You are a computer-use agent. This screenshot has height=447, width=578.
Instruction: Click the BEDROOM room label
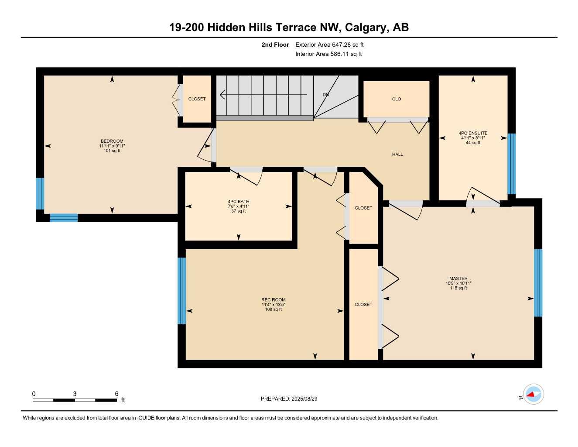pos(112,141)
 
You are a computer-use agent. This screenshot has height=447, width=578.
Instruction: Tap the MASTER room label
pos(458,279)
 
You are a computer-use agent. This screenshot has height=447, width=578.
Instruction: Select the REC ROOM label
pos(274,300)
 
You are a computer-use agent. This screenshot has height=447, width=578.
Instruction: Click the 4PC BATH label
pos(239,202)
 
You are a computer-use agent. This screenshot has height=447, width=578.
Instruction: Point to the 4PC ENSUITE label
pos(473,133)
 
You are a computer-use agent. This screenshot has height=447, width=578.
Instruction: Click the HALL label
pos(397,154)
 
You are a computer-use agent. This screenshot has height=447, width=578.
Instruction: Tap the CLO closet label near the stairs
pos(397,99)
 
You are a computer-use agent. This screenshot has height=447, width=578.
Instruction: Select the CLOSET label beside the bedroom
pos(197,99)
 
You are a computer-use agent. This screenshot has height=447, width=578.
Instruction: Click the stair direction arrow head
pos(223,95)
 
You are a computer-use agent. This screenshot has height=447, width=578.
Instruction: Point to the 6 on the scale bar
pos(116,394)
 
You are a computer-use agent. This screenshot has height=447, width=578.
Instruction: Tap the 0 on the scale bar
pos(34,394)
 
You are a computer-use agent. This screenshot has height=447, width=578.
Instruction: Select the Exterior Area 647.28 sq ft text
pos(329,45)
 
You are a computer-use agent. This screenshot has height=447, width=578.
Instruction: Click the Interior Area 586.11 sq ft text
pos(328,54)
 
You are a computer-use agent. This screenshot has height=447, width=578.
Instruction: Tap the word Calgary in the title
pos(366,28)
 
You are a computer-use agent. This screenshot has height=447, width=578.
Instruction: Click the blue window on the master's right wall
pos(538,282)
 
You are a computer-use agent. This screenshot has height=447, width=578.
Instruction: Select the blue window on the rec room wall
pos(181,291)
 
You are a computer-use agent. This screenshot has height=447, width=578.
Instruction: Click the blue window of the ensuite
pos(511,164)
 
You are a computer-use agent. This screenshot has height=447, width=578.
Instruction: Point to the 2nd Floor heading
pos(275,45)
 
